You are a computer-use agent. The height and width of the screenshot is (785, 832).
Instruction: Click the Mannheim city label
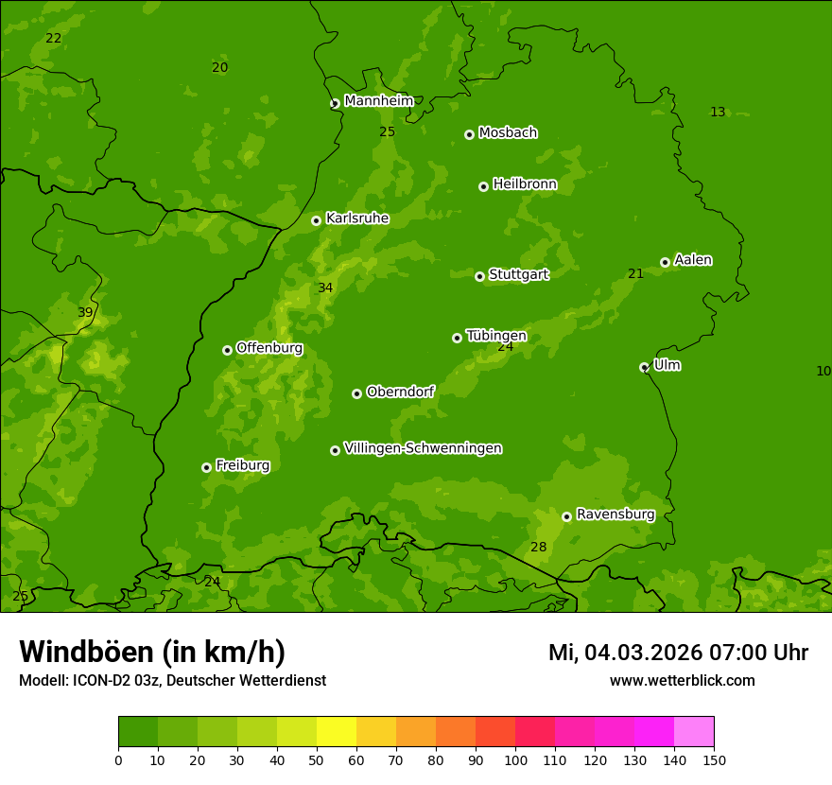click(x=378, y=101)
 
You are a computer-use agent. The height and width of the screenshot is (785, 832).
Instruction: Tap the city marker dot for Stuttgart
click(x=479, y=276)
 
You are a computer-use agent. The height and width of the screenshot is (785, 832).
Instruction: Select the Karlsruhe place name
click(x=356, y=218)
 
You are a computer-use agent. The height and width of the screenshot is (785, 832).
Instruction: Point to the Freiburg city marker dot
click(x=206, y=467)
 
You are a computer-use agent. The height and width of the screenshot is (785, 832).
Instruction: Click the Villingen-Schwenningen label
click(x=423, y=448)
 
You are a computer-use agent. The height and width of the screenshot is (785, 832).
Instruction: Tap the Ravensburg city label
click(x=615, y=515)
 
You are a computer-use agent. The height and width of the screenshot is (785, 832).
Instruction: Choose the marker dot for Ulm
click(x=644, y=367)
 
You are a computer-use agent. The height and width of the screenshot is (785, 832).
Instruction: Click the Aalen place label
click(x=692, y=260)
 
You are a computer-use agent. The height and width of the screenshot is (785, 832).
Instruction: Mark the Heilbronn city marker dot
click(x=483, y=186)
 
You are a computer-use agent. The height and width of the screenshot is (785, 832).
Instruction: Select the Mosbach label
click(x=507, y=133)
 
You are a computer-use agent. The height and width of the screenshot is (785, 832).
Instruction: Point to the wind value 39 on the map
click(x=85, y=313)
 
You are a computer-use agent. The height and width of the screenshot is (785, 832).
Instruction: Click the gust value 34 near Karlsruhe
click(x=325, y=288)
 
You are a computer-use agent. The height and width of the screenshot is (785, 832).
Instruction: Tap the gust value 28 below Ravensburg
click(x=538, y=548)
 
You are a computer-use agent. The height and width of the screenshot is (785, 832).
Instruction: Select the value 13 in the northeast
click(x=718, y=113)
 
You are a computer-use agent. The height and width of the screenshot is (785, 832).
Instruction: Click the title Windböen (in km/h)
click(x=152, y=652)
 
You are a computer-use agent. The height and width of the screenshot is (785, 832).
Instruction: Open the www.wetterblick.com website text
click(x=682, y=681)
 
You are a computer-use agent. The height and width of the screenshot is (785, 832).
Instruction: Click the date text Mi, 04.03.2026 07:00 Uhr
click(x=678, y=653)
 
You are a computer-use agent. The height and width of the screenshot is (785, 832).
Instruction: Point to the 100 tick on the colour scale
click(x=515, y=759)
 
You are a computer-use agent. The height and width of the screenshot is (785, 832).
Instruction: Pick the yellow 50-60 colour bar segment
click(x=337, y=732)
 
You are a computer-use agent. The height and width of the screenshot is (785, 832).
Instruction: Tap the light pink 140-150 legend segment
click(x=694, y=732)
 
